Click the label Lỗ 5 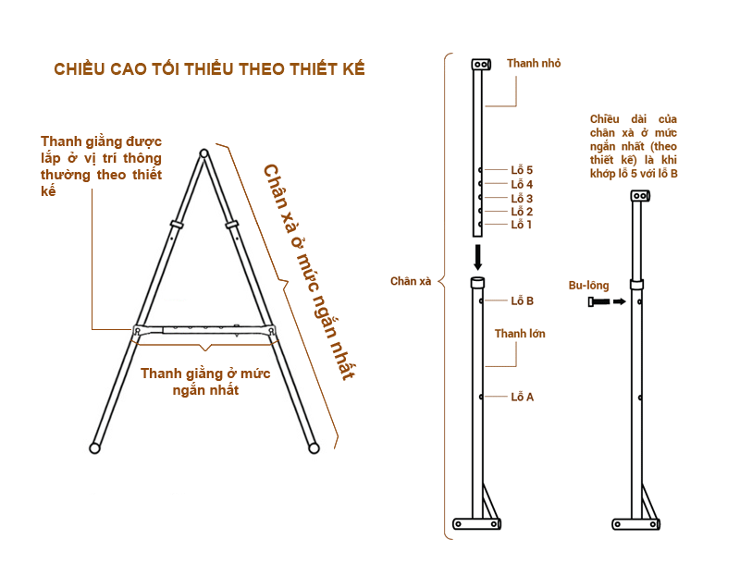pyautogui.click(x=522, y=169)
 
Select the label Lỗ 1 pyautogui.click(x=522, y=224)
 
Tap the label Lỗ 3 pyautogui.click(x=522, y=198)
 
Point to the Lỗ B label pyautogui.click(x=522, y=300)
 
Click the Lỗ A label pyautogui.click(x=522, y=397)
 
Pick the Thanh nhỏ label pyautogui.click(x=534, y=63)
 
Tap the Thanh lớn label pyautogui.click(x=520, y=334)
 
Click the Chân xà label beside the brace pyautogui.click(x=411, y=281)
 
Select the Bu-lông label pyautogui.click(x=588, y=286)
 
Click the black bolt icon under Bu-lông pyautogui.click(x=598, y=301)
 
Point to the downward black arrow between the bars pyautogui.click(x=477, y=257)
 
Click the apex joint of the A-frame pyautogui.click(x=203, y=153)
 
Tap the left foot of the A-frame pyautogui.click(x=95, y=448)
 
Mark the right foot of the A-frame pyautogui.click(x=314, y=448)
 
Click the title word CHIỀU pyautogui.click(x=80, y=68)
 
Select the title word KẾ pyautogui.click(x=354, y=68)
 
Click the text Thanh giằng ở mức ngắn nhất pyautogui.click(x=205, y=382)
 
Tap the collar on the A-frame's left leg pyautogui.click(x=177, y=224)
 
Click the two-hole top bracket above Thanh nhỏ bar pyautogui.click(x=481, y=64)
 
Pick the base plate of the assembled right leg pyautogui.click(x=636, y=523)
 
